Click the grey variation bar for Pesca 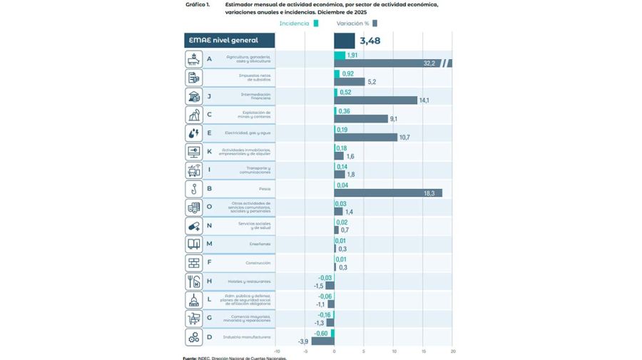387,193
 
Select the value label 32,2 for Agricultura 429,63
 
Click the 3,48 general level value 370,41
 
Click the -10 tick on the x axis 276,351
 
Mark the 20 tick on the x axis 452,351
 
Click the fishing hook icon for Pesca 193,189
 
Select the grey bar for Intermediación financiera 375,101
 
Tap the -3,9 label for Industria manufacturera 303,341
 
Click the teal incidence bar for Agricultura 340,55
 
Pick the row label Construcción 258,263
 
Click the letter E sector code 209,133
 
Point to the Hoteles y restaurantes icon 193,282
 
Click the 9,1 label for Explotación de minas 394,119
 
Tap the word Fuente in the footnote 190,358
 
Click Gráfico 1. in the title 198,4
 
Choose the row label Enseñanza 260,245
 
